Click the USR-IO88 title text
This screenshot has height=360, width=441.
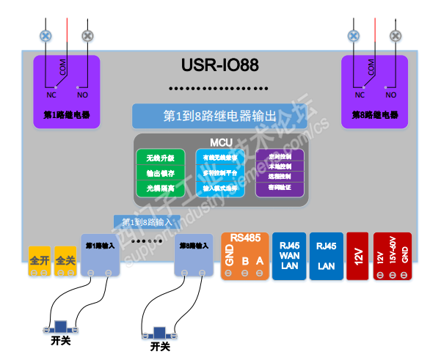click(x=220, y=65)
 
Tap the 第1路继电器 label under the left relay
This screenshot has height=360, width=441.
click(x=67, y=115)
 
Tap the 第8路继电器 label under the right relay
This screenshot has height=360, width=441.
click(x=374, y=115)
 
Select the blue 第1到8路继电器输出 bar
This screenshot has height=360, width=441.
click(x=220, y=116)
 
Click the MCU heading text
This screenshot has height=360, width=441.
click(x=220, y=142)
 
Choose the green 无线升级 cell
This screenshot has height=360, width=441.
click(x=161, y=158)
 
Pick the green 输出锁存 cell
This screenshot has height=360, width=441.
click(x=161, y=173)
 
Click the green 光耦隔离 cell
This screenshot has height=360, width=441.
click(x=161, y=188)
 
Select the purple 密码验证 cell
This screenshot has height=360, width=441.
click(x=280, y=188)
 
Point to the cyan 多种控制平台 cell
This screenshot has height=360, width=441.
click(x=220, y=173)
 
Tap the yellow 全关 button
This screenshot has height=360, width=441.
click(x=65, y=260)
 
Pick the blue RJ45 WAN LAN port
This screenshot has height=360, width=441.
click(x=290, y=256)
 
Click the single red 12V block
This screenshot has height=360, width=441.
click(x=357, y=256)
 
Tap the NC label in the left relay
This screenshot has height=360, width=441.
click(x=52, y=95)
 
